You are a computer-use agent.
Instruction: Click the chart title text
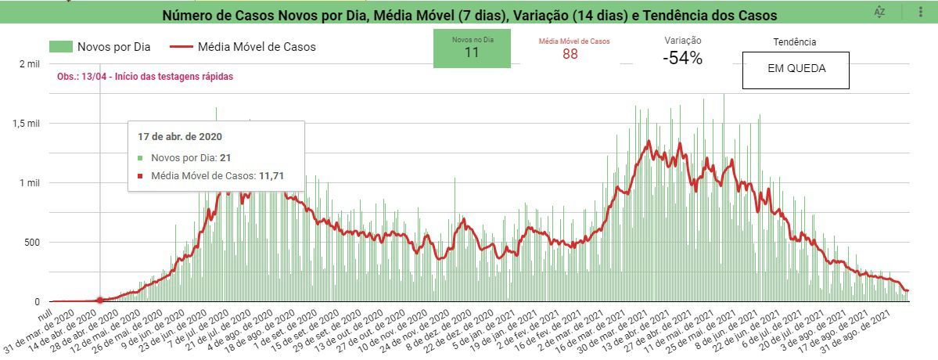pos(469,16)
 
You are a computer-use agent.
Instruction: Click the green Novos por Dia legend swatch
pos(60,47)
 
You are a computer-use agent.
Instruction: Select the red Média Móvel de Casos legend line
pos(181,47)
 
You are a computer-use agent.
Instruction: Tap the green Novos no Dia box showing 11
pos(472,49)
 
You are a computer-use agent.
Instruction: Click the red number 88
pos(570,53)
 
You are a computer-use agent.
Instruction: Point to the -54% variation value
pos(682,58)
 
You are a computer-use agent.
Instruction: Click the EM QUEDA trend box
pos(796,70)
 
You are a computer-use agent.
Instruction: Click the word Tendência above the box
pos(794,42)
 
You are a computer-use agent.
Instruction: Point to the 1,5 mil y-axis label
pos(24,124)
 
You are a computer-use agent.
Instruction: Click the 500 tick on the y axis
pos(30,243)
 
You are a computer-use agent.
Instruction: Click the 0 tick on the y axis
pos(36,302)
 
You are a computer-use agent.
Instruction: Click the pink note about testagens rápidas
pos(145,77)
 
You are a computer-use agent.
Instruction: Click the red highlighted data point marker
pos(99,301)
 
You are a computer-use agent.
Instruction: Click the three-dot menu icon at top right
pos(921,12)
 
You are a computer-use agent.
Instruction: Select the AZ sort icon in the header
pos(880,12)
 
